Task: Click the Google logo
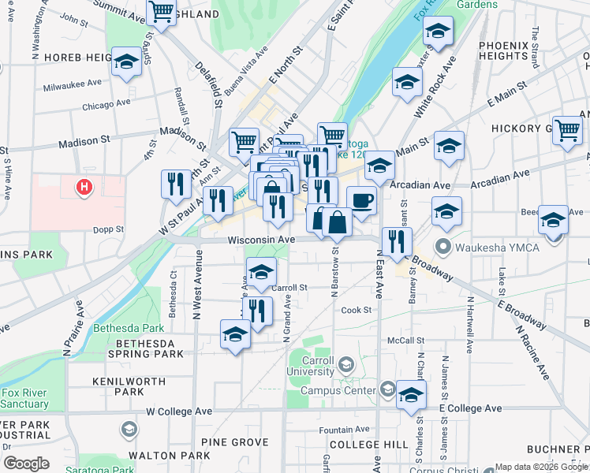[x=25, y=463]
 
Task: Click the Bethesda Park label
[x=129, y=328]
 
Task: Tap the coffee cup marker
[x=361, y=200]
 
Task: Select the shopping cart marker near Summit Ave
[x=161, y=12]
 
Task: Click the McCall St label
[x=405, y=341]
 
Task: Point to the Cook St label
[x=356, y=310]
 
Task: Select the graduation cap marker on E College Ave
[x=411, y=395]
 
